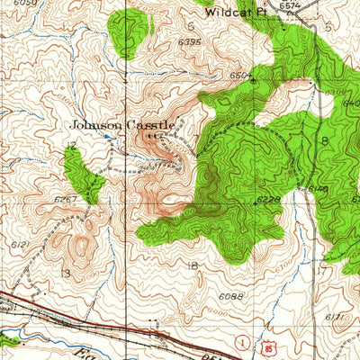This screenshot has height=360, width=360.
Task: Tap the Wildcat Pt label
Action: point(231,13)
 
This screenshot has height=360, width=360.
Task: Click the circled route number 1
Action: point(241,343)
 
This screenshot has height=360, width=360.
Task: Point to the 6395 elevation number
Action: point(190,42)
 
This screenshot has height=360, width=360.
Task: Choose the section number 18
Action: point(191,265)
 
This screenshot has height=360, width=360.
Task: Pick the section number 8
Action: point(323,141)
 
